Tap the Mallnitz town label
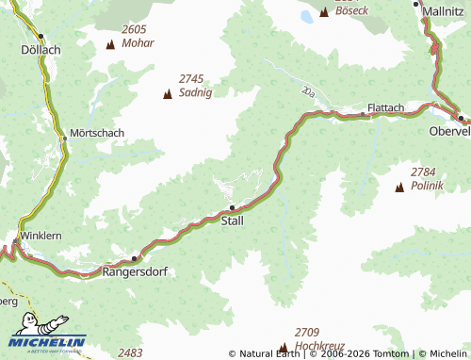(x=444, y=10)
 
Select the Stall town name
(x=232, y=221)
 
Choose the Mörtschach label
(x=98, y=133)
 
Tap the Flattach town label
(x=386, y=107)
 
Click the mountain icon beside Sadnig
(x=168, y=93)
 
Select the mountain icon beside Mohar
(x=110, y=43)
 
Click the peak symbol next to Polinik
(x=398, y=188)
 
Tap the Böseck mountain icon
(x=325, y=11)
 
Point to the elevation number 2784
(x=424, y=172)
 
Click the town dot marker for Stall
(x=233, y=208)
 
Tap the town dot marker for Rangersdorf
(x=135, y=257)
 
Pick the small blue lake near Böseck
(x=305, y=16)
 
